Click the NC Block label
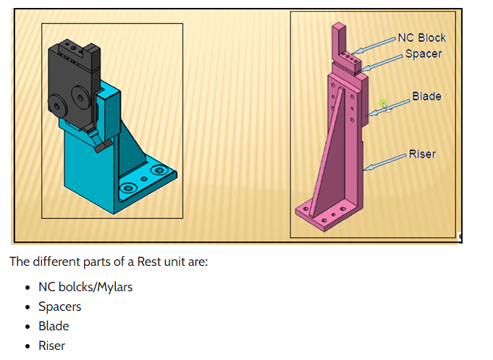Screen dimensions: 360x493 tap(421, 38)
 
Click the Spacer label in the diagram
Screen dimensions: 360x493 tap(423, 54)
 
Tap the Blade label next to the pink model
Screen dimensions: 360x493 tap(426, 96)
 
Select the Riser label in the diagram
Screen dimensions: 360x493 tap(422, 154)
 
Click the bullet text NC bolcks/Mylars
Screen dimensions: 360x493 tap(85, 287)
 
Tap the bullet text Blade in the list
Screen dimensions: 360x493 tap(54, 326)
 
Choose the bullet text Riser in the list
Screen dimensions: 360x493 tap(51, 346)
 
